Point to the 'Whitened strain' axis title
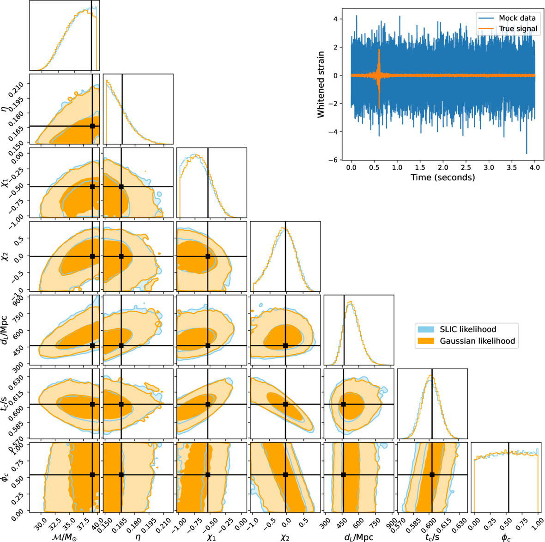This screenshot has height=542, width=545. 321,85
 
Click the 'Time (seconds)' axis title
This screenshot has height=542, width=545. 442,177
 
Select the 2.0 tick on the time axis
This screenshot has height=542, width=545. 443,167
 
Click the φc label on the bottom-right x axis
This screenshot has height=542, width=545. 506,537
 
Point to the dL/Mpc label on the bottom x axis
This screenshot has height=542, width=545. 358,537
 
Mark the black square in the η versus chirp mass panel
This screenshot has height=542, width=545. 92,126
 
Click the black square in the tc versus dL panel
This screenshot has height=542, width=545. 344,404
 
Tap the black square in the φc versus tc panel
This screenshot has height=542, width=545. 432,474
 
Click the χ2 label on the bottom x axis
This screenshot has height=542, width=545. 285,537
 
